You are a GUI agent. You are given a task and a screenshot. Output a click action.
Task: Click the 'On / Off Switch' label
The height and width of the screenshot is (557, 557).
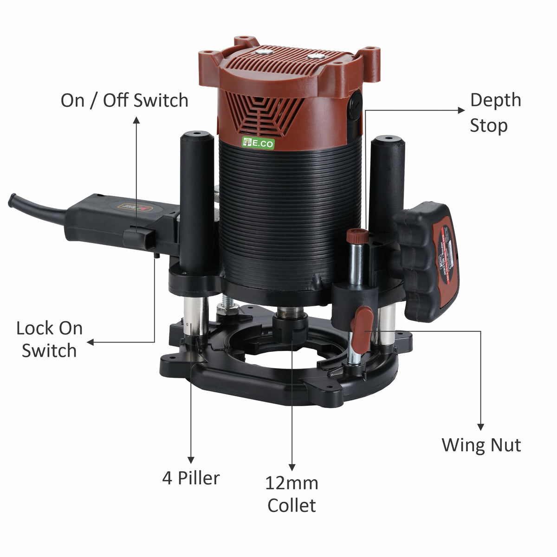click(x=124, y=100)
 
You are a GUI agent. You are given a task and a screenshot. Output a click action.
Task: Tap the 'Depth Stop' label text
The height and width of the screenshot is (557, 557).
click(x=495, y=113)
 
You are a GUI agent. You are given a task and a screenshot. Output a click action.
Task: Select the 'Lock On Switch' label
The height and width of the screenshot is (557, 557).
click(x=49, y=339)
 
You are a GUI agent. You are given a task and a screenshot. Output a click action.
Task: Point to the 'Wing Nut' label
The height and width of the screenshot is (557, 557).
click(x=481, y=445)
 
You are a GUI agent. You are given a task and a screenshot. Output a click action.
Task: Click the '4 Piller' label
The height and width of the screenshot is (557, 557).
click(x=191, y=478)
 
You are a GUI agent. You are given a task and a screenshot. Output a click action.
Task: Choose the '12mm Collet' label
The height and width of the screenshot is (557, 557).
click(x=291, y=494)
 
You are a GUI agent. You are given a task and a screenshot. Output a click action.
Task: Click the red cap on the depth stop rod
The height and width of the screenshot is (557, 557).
click(x=357, y=236)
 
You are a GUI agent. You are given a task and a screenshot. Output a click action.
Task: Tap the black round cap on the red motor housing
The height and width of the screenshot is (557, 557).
click(x=356, y=103)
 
